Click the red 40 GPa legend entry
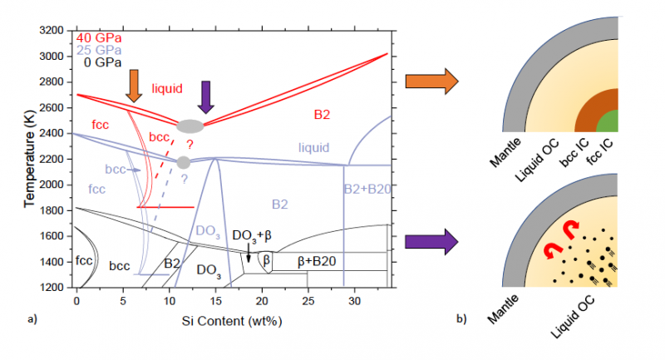click(99, 37)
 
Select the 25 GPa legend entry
click(99, 50)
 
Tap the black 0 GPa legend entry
click(102, 62)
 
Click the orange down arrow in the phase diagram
click(134, 86)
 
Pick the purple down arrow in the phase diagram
click(206, 97)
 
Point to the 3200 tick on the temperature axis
click(52, 31)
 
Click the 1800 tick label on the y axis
click(52, 210)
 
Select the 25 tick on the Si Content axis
click(308, 301)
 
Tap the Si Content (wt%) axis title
click(232, 321)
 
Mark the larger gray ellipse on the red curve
click(190, 126)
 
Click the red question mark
click(190, 145)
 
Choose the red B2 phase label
click(322, 115)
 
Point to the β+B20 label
click(317, 261)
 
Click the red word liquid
click(167, 88)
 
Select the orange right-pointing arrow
click(431, 81)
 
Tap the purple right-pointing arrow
click(431, 242)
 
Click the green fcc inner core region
click(608, 122)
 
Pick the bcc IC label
click(574, 153)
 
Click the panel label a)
click(32, 319)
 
